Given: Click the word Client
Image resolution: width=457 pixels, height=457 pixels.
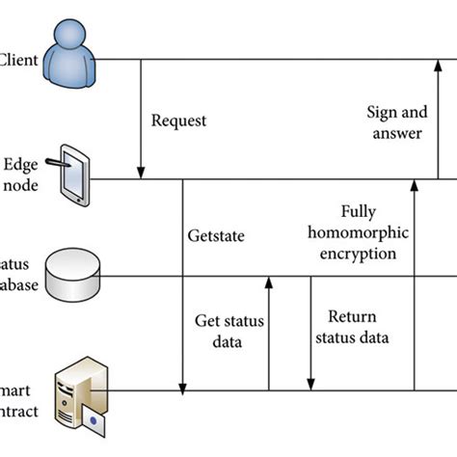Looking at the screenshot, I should [18, 60].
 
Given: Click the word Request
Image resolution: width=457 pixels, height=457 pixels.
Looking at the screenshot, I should [178, 121].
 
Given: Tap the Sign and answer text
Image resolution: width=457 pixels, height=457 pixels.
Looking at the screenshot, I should [394, 122].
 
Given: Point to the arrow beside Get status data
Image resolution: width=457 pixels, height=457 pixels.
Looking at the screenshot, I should [269, 333].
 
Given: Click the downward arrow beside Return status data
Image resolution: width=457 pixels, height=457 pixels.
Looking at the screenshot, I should [310, 333].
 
